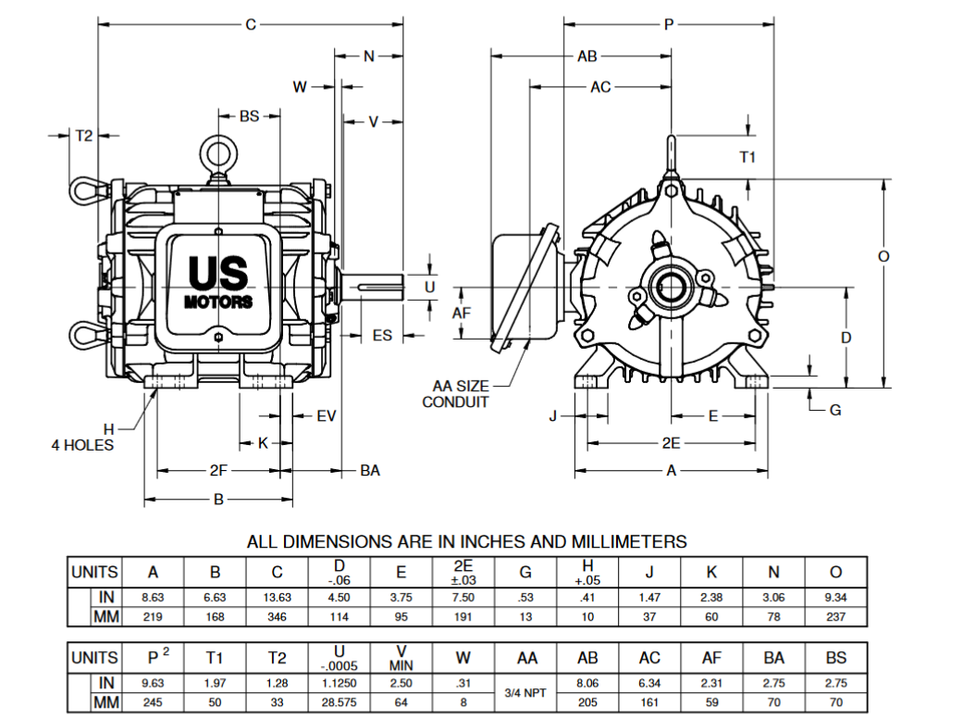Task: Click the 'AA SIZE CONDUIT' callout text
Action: pyautogui.click(x=455, y=393)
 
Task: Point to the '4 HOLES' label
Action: pyautogui.click(x=82, y=445)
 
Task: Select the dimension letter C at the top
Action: pyautogui.click(x=250, y=25)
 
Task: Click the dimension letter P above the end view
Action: pyautogui.click(x=668, y=25)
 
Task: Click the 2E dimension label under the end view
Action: pyautogui.click(x=671, y=443)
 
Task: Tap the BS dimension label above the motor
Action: pyautogui.click(x=249, y=117)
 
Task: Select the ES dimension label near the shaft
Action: pyautogui.click(x=382, y=335)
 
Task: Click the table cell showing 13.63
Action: pyautogui.click(x=278, y=598)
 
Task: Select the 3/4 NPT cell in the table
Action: pyautogui.click(x=526, y=691)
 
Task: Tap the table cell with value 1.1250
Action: pyautogui.click(x=340, y=683)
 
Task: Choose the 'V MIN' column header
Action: pyautogui.click(x=402, y=658)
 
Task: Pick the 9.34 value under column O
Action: pyautogui.click(x=836, y=598)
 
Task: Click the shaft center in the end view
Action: pyautogui.click(x=668, y=288)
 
